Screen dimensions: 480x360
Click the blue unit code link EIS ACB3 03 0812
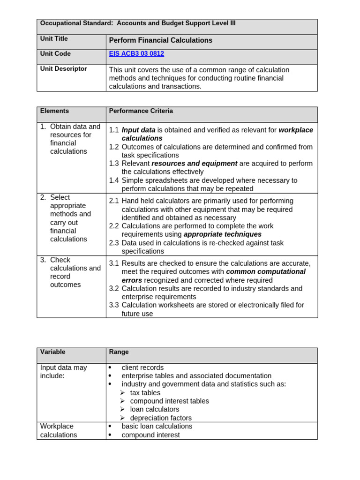(136, 54)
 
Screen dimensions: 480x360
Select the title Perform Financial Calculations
(161, 40)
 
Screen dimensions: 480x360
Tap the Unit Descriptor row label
(64, 69)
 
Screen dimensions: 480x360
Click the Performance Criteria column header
(141, 111)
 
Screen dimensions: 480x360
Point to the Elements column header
(54, 111)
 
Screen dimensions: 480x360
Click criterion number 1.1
(114, 130)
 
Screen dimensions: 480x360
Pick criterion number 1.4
(114, 180)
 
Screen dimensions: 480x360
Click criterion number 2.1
(114, 201)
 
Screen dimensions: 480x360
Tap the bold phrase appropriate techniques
(223, 234)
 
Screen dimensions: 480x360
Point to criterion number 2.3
(114, 243)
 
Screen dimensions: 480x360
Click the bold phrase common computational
(266, 272)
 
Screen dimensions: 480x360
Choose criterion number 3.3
(114, 305)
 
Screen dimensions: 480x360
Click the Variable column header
(53, 352)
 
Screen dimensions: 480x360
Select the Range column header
(119, 352)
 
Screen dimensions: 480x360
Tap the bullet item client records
(142, 368)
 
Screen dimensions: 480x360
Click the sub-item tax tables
(145, 393)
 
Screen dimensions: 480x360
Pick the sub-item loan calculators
(155, 410)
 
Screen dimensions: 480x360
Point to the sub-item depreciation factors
(161, 418)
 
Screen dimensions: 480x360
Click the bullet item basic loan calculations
(157, 427)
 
